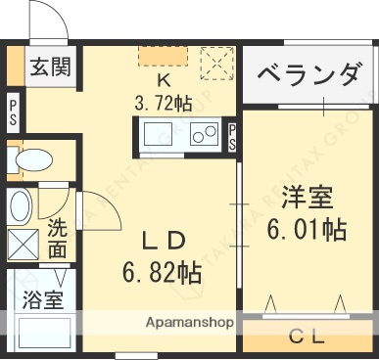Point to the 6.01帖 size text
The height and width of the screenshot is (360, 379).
[x=307, y=230]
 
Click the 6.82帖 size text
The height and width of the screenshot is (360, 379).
[x=163, y=271]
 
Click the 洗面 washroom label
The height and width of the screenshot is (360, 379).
[x=59, y=241]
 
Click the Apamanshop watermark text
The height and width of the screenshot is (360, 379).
[x=188, y=322]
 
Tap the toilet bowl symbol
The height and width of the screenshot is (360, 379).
[x=36, y=160]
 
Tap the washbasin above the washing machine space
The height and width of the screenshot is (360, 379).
[x=20, y=204]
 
